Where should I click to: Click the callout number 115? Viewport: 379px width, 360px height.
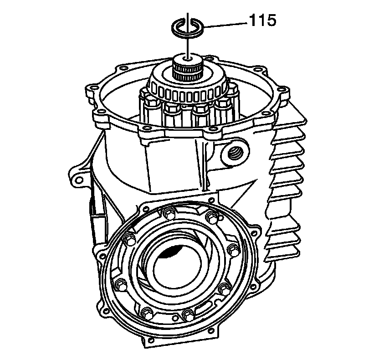tap(262, 20)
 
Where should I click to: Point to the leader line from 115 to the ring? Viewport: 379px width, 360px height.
tap(225, 25)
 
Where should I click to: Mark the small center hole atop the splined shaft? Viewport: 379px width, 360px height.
tap(187, 58)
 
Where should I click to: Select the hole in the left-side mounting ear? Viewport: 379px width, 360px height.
tap(79, 180)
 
